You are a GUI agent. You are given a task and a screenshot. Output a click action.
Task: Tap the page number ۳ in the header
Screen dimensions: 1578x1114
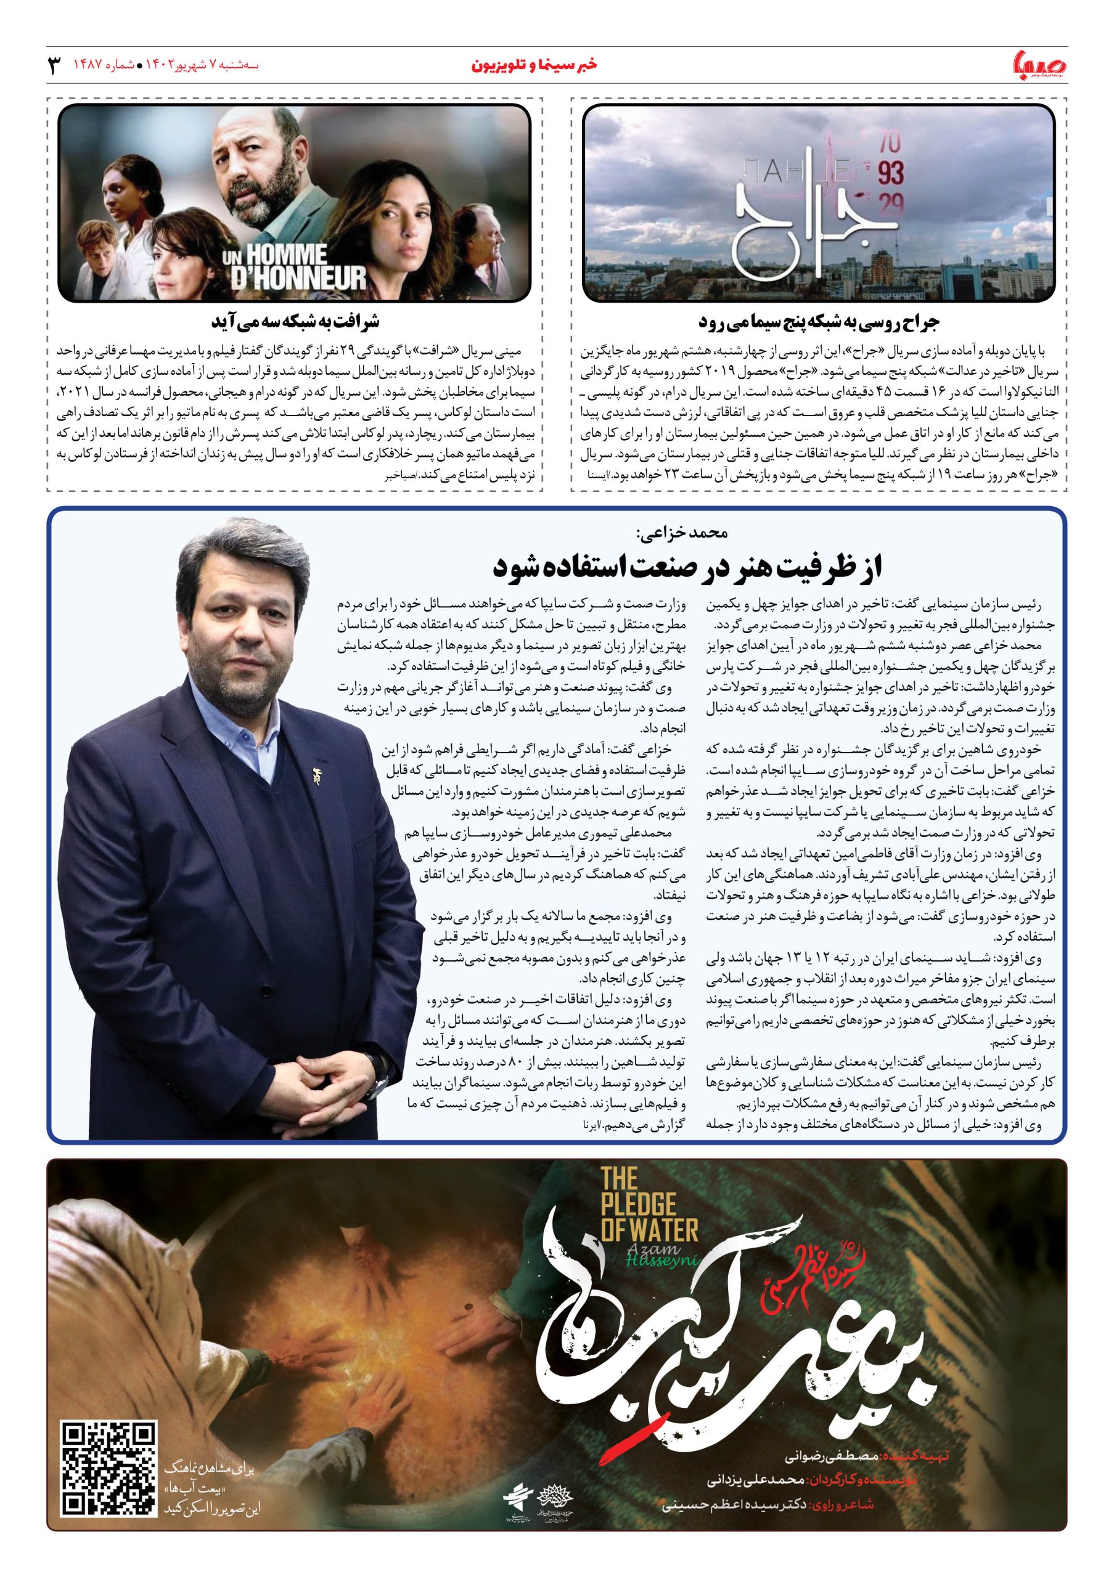point(54,66)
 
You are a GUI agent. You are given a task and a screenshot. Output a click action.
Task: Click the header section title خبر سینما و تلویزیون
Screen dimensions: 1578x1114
point(533,65)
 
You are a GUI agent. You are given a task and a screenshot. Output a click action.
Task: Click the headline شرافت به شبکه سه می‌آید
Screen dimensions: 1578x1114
point(295,321)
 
